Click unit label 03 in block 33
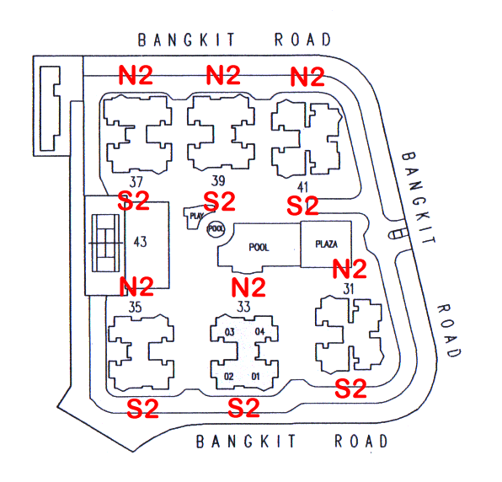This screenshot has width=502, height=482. (x=230, y=332)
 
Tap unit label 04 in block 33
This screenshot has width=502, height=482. (x=259, y=331)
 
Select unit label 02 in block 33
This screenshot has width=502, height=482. (x=228, y=377)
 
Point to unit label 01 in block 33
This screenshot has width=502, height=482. (x=255, y=376)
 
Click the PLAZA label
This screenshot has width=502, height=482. (x=327, y=244)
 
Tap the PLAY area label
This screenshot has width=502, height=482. (x=196, y=216)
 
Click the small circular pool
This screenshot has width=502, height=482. (x=216, y=228)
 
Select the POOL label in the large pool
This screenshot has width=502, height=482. (x=259, y=247)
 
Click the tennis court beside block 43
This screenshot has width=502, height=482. (x=105, y=244)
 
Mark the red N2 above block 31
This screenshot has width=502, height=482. (x=350, y=269)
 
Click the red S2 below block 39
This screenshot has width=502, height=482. (x=219, y=201)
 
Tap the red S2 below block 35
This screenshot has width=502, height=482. (x=143, y=409)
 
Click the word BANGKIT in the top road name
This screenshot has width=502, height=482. (x=187, y=40)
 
